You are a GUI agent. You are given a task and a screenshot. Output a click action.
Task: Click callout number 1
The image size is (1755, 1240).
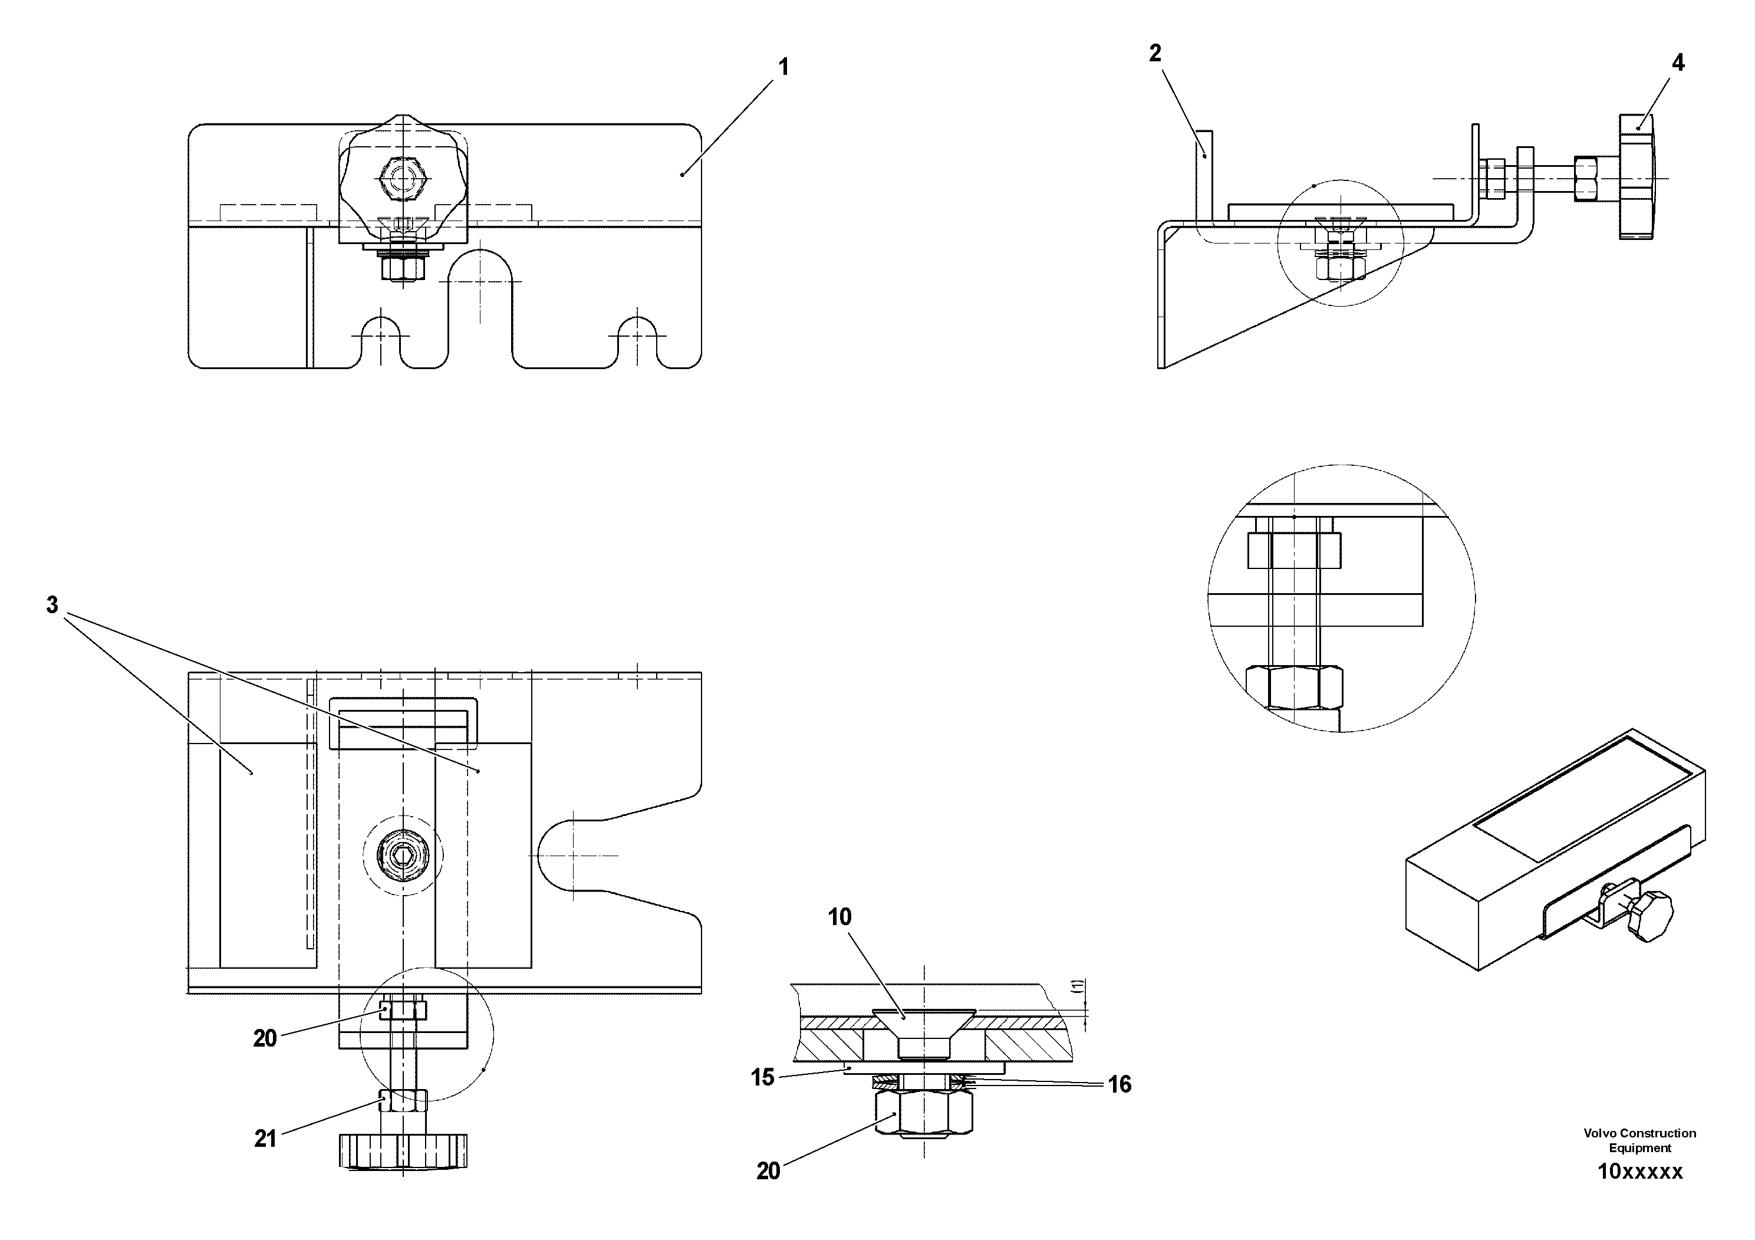pyautogui.click(x=783, y=67)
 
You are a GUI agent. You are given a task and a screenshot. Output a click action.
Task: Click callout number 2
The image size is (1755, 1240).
pyautogui.click(x=1155, y=52)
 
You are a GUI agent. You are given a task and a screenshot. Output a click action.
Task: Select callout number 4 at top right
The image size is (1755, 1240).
pyautogui.click(x=1678, y=63)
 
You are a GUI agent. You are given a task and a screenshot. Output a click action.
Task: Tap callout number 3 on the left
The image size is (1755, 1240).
pyautogui.click(x=52, y=606)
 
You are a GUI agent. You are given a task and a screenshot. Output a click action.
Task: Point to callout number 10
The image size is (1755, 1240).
pyautogui.click(x=839, y=917)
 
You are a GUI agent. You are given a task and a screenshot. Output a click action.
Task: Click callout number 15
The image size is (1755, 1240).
pyautogui.click(x=762, y=1077)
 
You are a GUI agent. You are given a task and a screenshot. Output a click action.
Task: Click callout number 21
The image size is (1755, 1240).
pyautogui.click(x=265, y=1139)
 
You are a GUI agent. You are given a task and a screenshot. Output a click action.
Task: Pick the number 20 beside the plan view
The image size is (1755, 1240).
pyautogui.click(x=265, y=1038)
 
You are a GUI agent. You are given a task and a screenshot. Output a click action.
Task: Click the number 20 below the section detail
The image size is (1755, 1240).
pyautogui.click(x=768, y=1171)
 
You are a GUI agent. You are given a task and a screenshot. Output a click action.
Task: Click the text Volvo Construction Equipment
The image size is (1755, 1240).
pyautogui.click(x=1639, y=1140)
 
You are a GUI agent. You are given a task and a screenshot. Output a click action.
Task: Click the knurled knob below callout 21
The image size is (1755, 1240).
pyautogui.click(x=402, y=1150)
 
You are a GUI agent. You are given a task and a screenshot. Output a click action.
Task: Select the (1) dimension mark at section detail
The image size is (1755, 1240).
pyautogui.click(x=1077, y=986)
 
